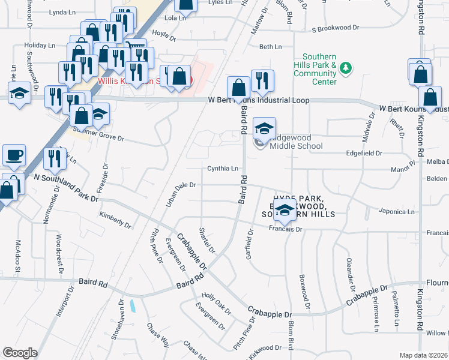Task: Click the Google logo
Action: [19, 353]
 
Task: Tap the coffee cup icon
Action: [14, 155]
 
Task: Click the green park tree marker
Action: [345, 68]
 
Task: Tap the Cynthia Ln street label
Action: [223, 169]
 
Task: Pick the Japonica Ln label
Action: [396, 211]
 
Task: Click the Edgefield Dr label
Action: [364, 154]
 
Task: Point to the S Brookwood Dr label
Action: [335, 28]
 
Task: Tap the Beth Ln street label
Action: [270, 47]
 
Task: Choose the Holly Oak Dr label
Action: [216, 304]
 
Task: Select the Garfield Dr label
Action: [249, 243]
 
